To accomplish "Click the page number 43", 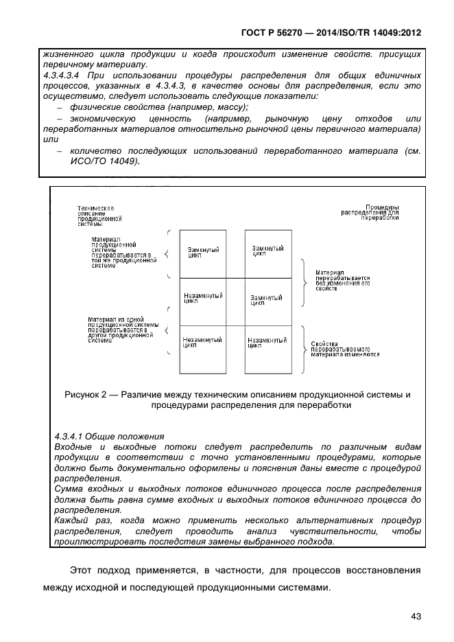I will tap(415, 616).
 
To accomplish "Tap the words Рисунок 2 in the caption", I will tap(86, 394).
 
